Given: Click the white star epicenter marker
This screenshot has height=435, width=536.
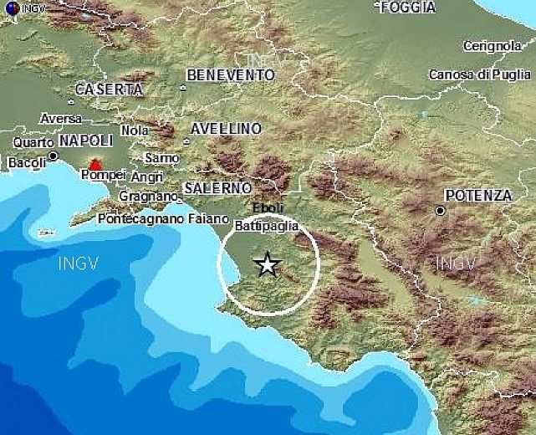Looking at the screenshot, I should tap(267, 264).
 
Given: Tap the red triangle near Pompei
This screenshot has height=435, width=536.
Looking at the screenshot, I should tap(96, 165).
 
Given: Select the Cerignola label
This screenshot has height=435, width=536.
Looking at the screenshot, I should tap(491, 45).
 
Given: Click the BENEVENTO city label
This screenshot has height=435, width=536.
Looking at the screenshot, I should tap(231, 75).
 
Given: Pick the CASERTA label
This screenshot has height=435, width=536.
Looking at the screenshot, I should tap(110, 89).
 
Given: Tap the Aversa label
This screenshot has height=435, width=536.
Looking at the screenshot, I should tap(61, 119).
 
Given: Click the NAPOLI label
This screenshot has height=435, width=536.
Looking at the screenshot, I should tap(86, 141).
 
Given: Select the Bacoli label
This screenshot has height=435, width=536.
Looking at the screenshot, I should tap(27, 162).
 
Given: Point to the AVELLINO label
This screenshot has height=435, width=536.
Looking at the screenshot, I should tap(226, 129).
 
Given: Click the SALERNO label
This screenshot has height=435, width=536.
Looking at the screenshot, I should tap(217, 187).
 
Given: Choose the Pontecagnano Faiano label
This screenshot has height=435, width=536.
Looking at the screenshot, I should tap(163, 218).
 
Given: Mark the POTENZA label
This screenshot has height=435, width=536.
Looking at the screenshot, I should tap(478, 195).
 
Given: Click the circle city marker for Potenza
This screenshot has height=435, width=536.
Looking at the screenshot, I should tap(440, 211).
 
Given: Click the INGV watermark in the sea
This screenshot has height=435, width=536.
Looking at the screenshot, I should tap(79, 264).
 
